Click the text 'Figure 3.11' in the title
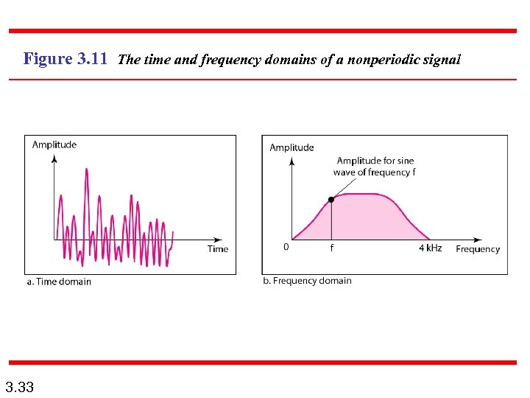pos(66,59)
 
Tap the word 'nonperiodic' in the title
pos(385,60)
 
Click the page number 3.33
pos(19,387)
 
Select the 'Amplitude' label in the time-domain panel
pos(54,144)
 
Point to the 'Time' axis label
pos(218,249)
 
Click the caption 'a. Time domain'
pos(59,281)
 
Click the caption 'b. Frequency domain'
pos(307,281)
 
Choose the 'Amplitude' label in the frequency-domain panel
pos(291,147)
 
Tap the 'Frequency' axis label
pos(478,249)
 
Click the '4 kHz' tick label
pos(430,248)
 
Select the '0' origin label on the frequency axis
pos(286,248)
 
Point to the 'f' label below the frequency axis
pos(331,248)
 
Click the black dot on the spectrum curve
pos(331,199)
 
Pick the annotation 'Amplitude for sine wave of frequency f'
pos(374,167)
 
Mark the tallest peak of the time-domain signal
pos(87,170)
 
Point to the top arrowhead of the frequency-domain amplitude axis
pos(292,158)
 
